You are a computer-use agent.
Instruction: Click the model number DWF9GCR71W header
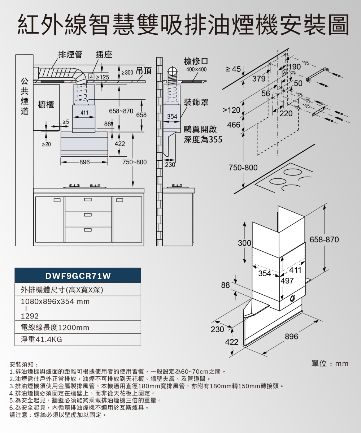click(x=78, y=276)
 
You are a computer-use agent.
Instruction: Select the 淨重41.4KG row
click(x=42, y=340)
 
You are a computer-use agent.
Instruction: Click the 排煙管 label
click(x=70, y=55)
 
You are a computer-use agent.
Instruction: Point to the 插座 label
click(x=104, y=55)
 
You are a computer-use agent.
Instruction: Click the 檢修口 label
click(x=196, y=61)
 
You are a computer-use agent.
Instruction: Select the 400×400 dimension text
click(x=196, y=69)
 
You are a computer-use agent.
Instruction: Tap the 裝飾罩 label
click(x=196, y=103)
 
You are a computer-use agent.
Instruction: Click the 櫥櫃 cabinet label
click(x=46, y=105)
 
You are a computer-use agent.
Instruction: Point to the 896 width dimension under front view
click(x=84, y=163)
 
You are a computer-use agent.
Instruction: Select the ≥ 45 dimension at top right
click(x=233, y=69)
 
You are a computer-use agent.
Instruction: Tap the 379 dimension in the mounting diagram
click(x=258, y=78)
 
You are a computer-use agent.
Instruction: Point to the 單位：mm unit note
click(x=330, y=363)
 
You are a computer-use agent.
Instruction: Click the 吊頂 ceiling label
click(x=143, y=72)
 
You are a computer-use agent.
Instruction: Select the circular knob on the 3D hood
click(x=292, y=298)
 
